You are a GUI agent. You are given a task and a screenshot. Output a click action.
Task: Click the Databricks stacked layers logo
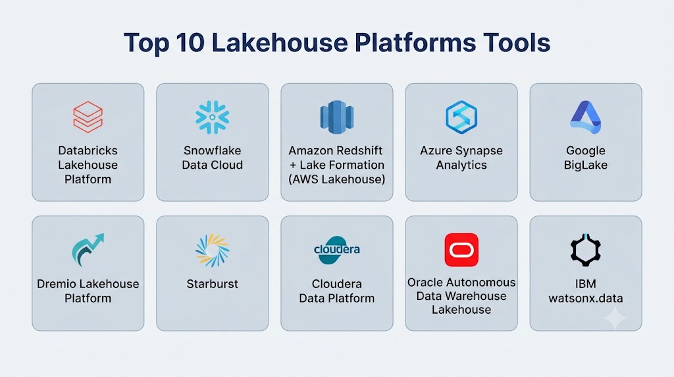click(88, 117)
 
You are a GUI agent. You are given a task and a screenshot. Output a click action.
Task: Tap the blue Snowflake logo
click(213, 117)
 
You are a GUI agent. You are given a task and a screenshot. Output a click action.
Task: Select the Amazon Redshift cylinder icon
click(336, 117)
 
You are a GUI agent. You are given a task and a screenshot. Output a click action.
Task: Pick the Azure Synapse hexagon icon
click(461, 117)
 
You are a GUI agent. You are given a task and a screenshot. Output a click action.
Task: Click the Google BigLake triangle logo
click(585, 117)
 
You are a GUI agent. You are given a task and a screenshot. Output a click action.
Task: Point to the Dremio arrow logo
click(88, 250)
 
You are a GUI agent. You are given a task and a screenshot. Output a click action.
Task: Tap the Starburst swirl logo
click(213, 250)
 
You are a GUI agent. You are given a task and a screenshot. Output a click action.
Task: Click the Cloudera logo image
click(336, 250)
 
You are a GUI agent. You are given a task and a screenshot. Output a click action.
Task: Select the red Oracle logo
click(461, 250)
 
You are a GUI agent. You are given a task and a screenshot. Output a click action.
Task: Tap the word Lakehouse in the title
click(280, 43)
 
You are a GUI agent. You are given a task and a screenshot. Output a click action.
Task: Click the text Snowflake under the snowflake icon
click(213, 151)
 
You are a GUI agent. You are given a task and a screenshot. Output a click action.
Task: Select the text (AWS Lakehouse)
click(336, 179)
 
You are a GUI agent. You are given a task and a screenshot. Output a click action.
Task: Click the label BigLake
click(585, 165)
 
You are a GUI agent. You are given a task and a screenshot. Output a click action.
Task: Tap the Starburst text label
click(213, 284)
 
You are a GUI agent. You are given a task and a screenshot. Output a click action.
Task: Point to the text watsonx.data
click(585, 299)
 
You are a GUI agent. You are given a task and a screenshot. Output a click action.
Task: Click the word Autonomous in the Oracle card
click(480, 282)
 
